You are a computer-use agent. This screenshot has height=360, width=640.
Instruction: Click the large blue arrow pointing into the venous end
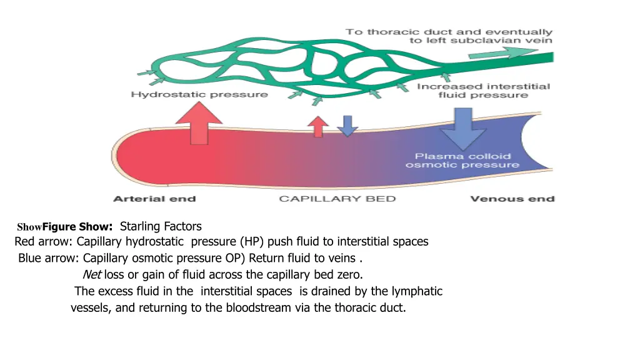tap(463, 126)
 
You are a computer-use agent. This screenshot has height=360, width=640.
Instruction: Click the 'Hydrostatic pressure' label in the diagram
tap(199, 94)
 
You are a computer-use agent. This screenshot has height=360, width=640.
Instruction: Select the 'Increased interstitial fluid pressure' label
tap(483, 91)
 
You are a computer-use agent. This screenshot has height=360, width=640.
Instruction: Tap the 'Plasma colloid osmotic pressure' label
tap(462, 160)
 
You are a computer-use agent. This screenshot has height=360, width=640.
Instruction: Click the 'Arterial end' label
tap(154, 199)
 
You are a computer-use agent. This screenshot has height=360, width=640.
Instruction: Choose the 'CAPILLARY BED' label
tap(337, 199)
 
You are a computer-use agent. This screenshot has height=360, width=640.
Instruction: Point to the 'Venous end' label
tap(512, 199)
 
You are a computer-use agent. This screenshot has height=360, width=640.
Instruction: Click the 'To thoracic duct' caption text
tap(449, 36)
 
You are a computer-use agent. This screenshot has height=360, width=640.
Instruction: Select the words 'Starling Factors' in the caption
tap(161, 226)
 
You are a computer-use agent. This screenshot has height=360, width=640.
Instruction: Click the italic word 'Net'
tap(92, 274)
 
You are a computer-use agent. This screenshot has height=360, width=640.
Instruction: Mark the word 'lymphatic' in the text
tap(417, 291)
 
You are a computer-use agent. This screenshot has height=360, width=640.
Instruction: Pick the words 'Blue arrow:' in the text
tap(49, 258)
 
